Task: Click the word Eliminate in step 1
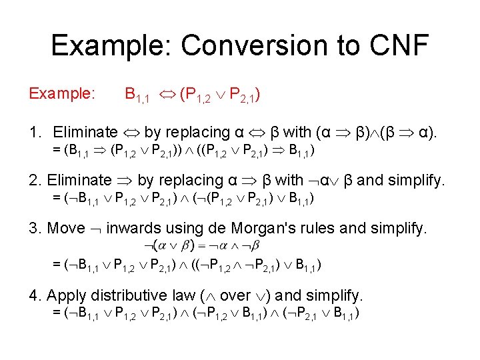[x=85, y=131]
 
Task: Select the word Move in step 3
[x=66, y=228]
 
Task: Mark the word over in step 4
[x=234, y=295]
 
